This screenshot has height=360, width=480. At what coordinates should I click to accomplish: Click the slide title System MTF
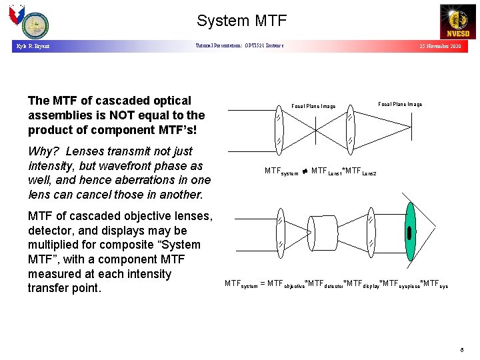pos(241,21)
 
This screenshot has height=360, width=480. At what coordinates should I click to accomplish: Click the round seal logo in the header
pos(35,27)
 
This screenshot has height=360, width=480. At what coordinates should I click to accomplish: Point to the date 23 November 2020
pos(439,47)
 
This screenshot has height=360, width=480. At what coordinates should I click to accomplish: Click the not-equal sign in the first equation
pos(305,171)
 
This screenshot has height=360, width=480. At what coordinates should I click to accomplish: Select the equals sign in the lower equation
pos(262,284)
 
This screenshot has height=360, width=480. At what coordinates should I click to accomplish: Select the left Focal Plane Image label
pos(313,106)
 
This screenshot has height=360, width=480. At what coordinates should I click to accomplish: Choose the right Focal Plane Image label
pos(400,104)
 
